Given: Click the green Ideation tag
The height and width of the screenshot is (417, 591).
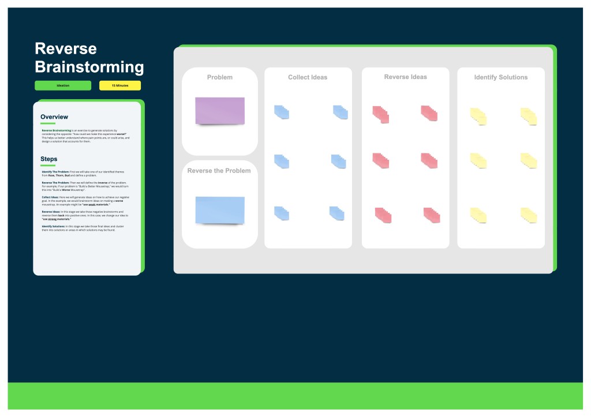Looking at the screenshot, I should pyautogui.click(x=63, y=85).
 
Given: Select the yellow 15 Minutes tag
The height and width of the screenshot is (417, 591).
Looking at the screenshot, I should pyautogui.click(x=120, y=85).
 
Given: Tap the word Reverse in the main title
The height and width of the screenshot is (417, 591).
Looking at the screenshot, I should pyautogui.click(x=66, y=48).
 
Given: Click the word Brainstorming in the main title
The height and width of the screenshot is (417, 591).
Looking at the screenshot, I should pyautogui.click(x=89, y=67).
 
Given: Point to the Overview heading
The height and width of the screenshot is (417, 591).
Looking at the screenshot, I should pyautogui.click(x=54, y=117).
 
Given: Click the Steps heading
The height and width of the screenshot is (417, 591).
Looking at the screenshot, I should pyautogui.click(x=49, y=159).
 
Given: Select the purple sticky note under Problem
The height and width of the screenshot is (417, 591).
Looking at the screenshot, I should pyautogui.click(x=220, y=110).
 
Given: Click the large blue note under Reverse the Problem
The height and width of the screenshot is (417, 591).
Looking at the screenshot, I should pyautogui.click(x=220, y=209).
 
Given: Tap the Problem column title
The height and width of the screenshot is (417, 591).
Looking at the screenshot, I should pyautogui.click(x=220, y=77).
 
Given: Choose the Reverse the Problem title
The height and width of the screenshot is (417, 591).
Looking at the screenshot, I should pyautogui.click(x=219, y=171).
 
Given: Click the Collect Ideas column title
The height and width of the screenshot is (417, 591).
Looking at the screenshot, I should pyautogui.click(x=308, y=77).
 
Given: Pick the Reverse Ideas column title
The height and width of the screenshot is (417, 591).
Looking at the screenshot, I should pyautogui.click(x=405, y=77).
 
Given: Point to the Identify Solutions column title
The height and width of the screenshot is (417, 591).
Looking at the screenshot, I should pyautogui.click(x=501, y=77).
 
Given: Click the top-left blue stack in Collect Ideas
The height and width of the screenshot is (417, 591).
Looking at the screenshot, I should pyautogui.click(x=282, y=112).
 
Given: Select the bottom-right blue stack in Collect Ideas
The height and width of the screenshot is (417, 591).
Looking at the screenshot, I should pyautogui.click(x=337, y=213).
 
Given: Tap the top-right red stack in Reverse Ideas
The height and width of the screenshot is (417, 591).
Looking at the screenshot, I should pyautogui.click(x=429, y=113).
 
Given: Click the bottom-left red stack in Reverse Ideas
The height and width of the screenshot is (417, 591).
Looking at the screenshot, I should pyautogui.click(x=383, y=215).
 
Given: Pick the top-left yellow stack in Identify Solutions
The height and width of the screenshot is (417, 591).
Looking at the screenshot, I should pyautogui.click(x=478, y=116).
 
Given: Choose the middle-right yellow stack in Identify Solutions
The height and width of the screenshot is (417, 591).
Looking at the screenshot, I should pyautogui.click(x=529, y=161).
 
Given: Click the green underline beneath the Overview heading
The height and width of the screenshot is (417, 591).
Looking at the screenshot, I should pyautogui.click(x=48, y=123).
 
